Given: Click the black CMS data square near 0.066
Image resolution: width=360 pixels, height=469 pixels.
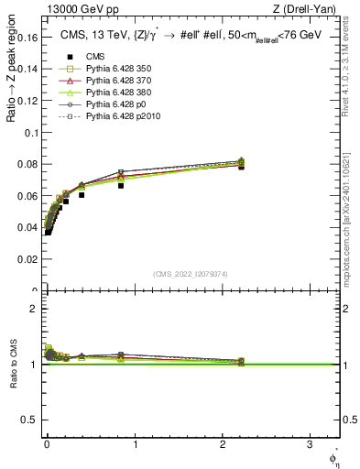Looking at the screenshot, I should pos(121,186).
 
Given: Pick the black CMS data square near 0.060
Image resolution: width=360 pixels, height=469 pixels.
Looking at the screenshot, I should pos(82,195).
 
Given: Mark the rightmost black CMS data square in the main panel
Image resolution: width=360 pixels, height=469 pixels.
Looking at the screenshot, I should pos(241,167).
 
